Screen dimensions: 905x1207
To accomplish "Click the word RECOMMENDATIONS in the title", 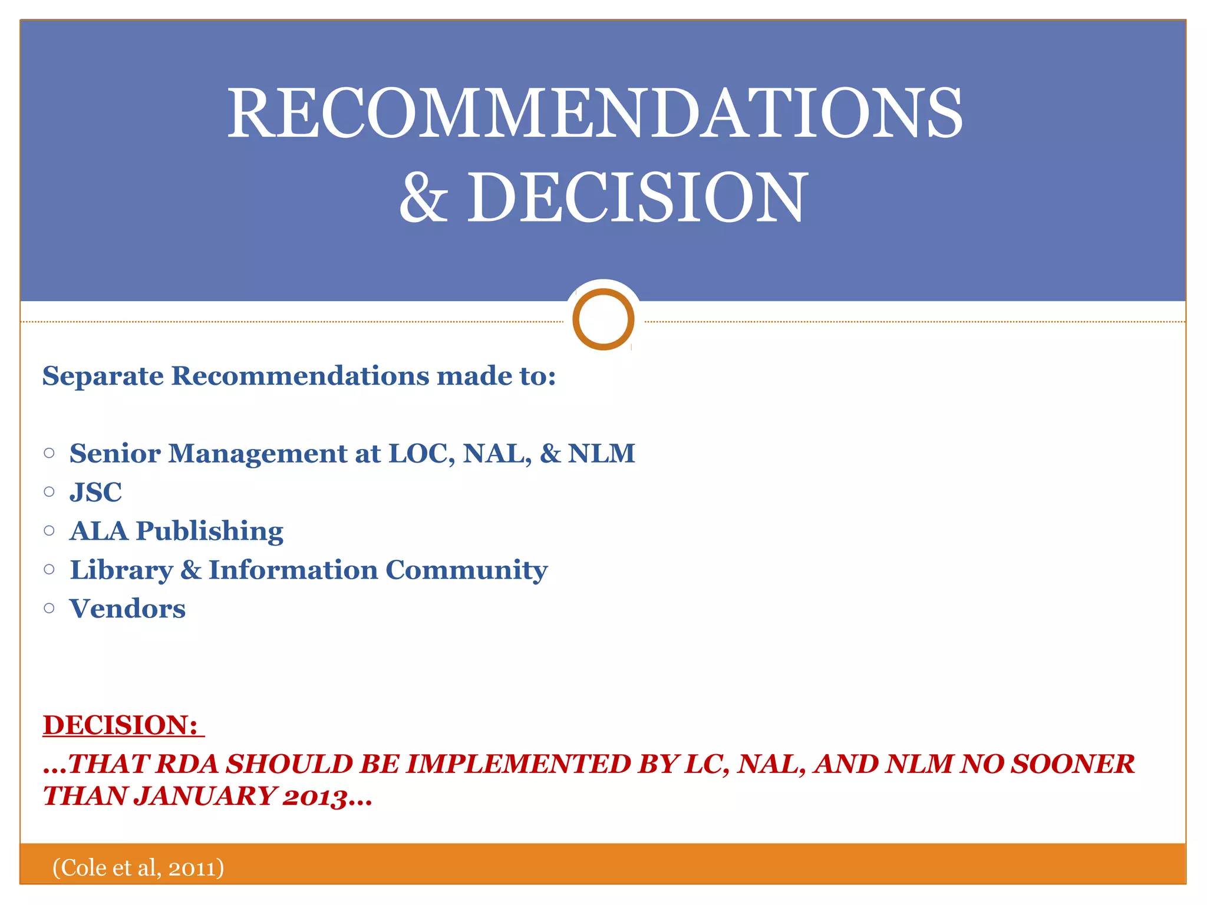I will point(595,113).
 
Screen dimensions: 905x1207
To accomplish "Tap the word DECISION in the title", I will point(637,198).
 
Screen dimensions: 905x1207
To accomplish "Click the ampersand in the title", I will point(424,198).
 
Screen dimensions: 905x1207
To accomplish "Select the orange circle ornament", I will point(603,319).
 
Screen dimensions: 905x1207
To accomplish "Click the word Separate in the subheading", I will point(103,376).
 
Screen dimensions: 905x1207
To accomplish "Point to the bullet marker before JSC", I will point(50,491).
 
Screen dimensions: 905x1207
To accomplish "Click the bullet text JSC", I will point(95,493).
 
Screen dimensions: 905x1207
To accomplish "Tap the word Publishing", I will point(210,532).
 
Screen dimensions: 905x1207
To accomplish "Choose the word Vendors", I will point(127,609).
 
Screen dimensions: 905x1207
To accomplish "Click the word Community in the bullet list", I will point(466,570).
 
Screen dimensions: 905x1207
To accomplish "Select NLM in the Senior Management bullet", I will point(601,454).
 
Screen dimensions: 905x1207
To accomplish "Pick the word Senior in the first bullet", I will point(115,454).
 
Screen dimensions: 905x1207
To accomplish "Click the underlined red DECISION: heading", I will point(120,725).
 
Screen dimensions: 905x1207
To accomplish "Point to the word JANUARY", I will point(206,797).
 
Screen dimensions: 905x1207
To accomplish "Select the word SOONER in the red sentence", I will point(1073,765).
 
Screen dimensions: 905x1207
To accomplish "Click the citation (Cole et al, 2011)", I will point(138,868).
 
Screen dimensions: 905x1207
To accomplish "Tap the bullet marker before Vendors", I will point(50,608).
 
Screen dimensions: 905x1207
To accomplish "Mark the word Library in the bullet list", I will point(121,570).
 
